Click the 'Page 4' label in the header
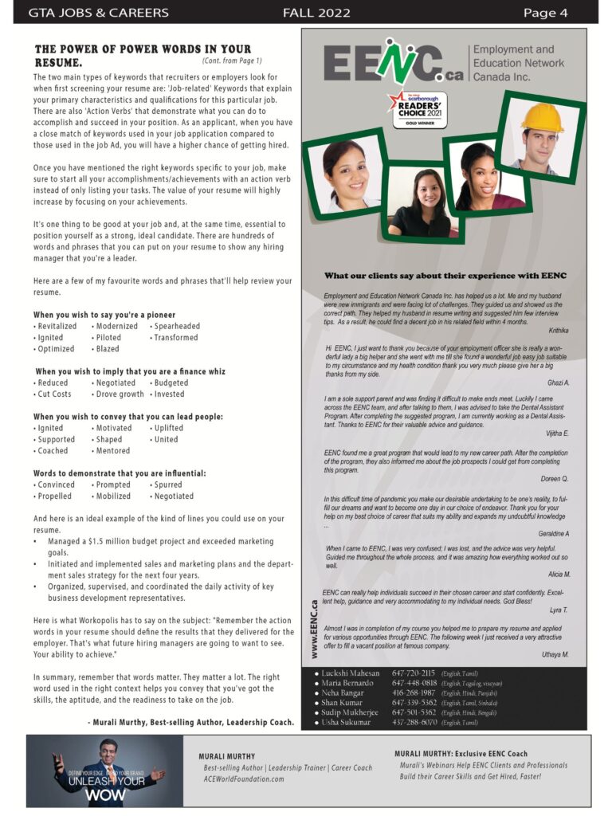point(545,13)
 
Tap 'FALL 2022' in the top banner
point(316,13)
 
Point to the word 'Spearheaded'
point(177,326)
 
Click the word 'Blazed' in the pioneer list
point(107,348)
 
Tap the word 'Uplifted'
point(168,428)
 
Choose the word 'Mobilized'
point(113,496)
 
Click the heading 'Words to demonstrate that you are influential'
point(120,473)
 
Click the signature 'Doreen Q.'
point(554,479)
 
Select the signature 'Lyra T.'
point(559,610)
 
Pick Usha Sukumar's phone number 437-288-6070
point(414,722)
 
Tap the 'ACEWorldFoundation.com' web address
point(244,779)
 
